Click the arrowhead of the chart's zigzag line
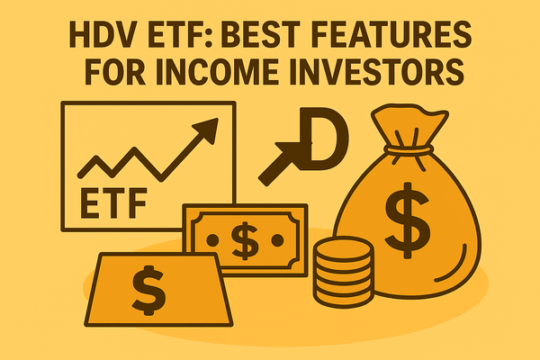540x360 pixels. coord(210,130)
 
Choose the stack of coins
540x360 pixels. coord(342,269)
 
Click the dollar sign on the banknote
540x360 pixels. coord(244,238)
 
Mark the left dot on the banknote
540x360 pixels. coord(209,238)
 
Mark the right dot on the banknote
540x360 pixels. coord(279,238)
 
